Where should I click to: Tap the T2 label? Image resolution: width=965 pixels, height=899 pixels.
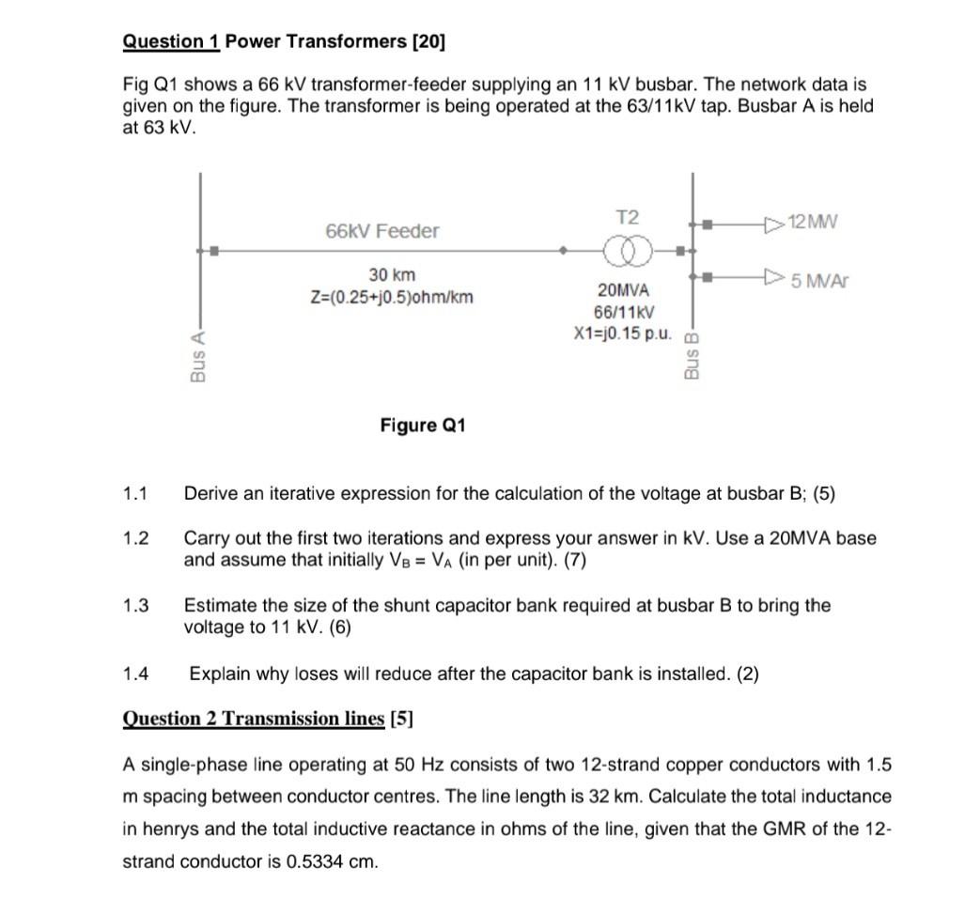(627, 217)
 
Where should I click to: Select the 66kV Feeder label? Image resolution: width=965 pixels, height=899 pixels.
(381, 231)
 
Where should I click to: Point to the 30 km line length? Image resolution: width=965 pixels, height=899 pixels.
(391, 274)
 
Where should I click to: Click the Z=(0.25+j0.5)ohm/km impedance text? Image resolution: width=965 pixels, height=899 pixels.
(392, 298)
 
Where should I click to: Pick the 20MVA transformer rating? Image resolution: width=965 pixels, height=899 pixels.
(623, 290)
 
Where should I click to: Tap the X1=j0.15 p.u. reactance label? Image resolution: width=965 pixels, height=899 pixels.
(623, 333)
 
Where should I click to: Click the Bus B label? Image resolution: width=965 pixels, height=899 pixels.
(693, 356)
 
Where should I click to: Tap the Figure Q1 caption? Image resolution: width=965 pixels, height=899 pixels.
(423, 426)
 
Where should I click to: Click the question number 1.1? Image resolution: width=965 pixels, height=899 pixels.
(136, 493)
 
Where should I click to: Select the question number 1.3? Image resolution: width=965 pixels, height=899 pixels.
(136, 606)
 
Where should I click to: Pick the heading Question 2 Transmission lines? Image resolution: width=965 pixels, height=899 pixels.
(254, 719)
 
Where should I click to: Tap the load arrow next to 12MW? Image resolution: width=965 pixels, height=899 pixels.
(773, 224)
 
